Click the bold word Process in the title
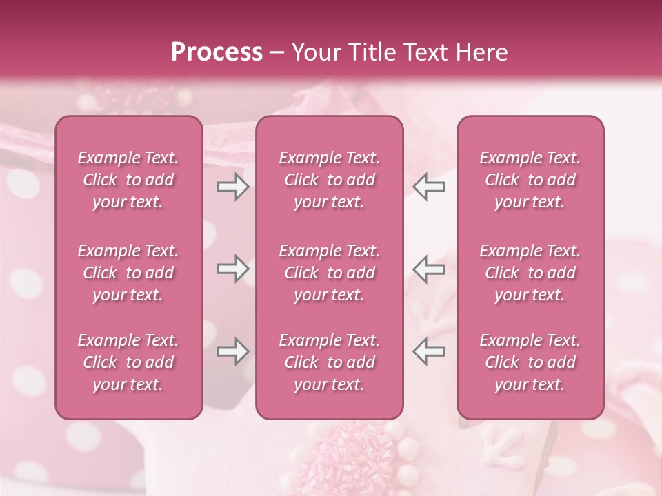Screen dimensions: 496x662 tap(217, 52)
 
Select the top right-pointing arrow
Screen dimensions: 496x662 tap(233, 187)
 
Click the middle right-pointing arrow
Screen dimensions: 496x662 tap(233, 269)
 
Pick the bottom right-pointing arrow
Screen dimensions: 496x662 tap(233, 351)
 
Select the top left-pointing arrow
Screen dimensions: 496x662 tap(429, 187)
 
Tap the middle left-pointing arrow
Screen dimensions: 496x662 tap(429, 269)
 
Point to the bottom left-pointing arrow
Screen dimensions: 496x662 tap(429, 351)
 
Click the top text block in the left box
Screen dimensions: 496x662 tap(128, 180)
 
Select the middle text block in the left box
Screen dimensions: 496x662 tap(128, 273)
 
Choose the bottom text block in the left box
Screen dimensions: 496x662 tap(128, 362)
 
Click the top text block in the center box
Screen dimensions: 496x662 tap(329, 180)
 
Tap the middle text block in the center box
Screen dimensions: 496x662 tap(329, 273)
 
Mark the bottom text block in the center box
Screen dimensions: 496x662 tap(329, 362)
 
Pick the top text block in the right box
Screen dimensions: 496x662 tap(530, 180)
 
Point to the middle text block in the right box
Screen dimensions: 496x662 tap(530, 273)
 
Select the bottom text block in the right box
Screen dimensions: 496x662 tap(530, 362)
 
